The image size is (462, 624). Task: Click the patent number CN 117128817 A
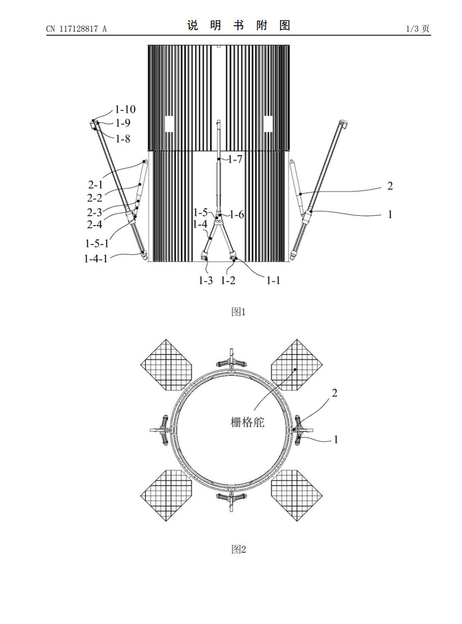[76, 29]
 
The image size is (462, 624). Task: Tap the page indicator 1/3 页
[418, 29]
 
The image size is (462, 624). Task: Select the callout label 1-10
[125, 109]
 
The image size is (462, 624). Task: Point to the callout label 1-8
[123, 139]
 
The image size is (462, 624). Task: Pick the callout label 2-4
[95, 225]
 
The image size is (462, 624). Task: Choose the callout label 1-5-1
[97, 243]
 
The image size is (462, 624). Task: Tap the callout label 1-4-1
[96, 258]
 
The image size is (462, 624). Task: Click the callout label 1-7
[235, 160]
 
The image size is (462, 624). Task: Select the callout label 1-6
[237, 215]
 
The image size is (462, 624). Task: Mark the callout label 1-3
[206, 280]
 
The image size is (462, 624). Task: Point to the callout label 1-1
[273, 280]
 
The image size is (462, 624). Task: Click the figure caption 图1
[239, 311]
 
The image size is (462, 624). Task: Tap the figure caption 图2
[239, 549]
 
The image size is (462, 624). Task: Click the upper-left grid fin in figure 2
[166, 365]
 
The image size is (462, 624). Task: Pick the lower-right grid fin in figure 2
[297, 496]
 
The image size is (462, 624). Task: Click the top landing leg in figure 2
[231, 361]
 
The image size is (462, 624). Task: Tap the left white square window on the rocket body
[169, 124]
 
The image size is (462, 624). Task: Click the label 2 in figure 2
[334, 393]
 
